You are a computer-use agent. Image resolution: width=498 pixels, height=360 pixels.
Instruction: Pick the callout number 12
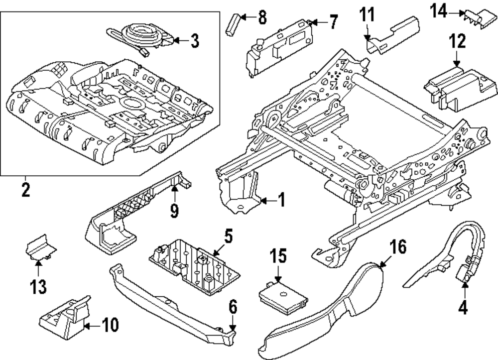[x=458, y=41]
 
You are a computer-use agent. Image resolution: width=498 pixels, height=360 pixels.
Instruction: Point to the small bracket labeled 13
[x=40, y=250]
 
